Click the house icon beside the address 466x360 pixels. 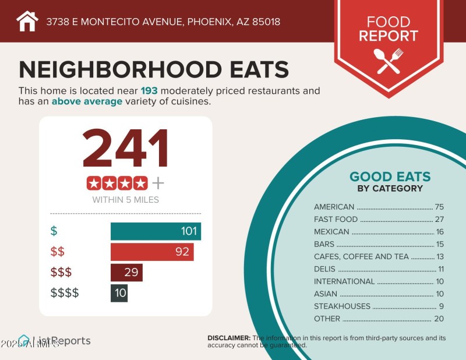pos(27,22)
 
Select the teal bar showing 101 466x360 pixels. pos(156,231)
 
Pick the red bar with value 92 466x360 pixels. pos(152,252)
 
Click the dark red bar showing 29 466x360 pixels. pos(126,273)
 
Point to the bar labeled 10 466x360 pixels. pos(119,293)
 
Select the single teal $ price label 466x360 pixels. pos(54,231)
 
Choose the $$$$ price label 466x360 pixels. pos(65,293)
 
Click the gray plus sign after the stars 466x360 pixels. pos(158,183)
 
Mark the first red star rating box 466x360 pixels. pos(94,183)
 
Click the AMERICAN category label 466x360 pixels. pos(334,207)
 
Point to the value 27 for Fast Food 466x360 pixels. pos(439,220)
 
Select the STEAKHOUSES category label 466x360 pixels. pos(342,306)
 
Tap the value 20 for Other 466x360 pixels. pos(439,319)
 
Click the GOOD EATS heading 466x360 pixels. pos(390,177)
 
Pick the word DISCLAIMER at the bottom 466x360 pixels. pos(229,338)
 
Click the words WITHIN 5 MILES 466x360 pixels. pos(125,200)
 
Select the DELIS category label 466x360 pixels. pos(324,269)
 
